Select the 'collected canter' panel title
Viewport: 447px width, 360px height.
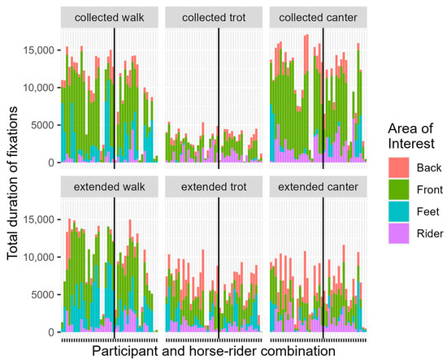pyautogui.click(x=319, y=17)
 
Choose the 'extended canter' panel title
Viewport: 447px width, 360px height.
pyautogui.click(x=319, y=188)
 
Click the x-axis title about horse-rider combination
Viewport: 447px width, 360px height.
pyautogui.click(x=213, y=350)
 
